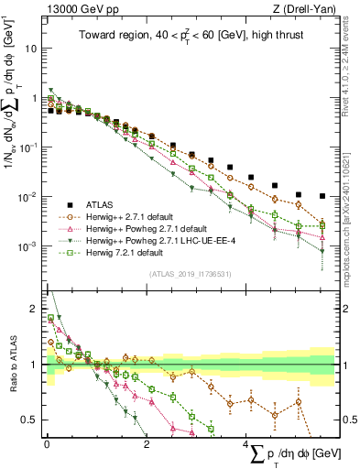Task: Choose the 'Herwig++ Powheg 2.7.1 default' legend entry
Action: (142, 228)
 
